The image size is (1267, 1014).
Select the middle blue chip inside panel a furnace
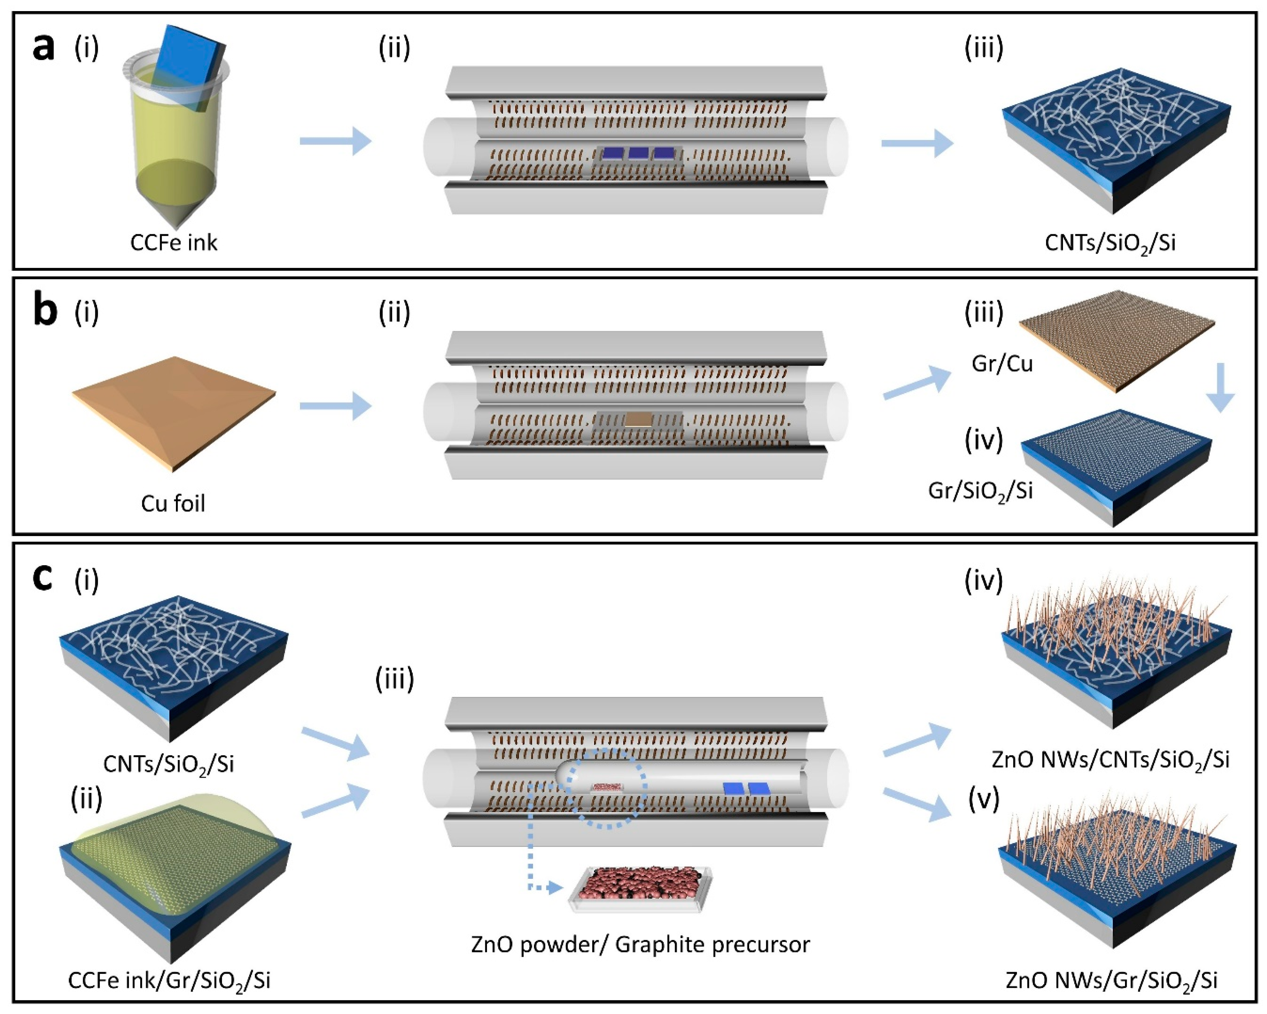coord(638,154)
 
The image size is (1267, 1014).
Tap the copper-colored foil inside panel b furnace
coord(638,419)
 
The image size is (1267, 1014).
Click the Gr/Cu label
coord(1002,364)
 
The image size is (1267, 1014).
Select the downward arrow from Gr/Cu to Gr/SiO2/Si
coord(1221,388)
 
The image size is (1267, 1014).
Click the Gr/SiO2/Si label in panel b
coord(980,491)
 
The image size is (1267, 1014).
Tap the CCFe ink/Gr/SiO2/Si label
coord(169,980)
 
